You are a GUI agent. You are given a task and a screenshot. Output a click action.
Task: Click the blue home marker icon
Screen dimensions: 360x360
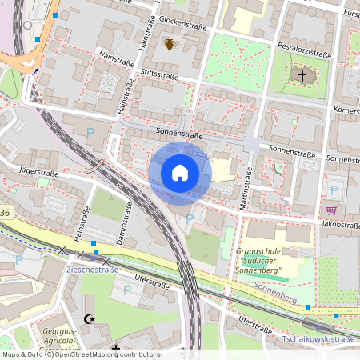tap(180, 173)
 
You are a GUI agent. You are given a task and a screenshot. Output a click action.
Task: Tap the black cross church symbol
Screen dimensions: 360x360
tap(302, 76)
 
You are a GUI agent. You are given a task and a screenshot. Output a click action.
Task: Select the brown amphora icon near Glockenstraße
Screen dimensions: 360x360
tap(170, 44)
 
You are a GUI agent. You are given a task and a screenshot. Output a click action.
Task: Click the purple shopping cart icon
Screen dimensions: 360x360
tap(330, 210)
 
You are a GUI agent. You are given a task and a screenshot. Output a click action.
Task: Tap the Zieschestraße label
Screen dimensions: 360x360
tap(90, 270)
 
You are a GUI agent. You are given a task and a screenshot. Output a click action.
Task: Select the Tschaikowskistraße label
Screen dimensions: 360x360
tap(319, 339)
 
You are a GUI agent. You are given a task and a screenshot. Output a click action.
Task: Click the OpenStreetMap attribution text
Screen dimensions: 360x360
tap(80, 354)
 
